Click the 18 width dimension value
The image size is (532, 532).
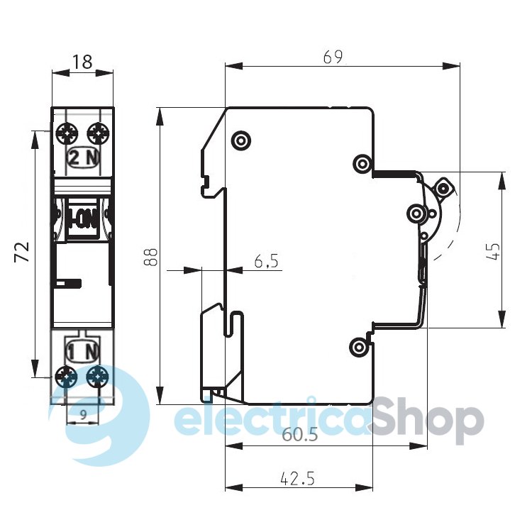[x=83, y=62]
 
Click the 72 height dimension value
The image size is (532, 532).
[x=23, y=252]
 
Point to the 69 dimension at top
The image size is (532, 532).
[x=333, y=57]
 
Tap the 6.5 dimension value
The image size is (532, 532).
[x=266, y=262]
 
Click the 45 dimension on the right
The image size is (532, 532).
[x=494, y=250]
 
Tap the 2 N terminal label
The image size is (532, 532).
[x=82, y=157]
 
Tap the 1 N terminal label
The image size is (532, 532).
[x=82, y=349]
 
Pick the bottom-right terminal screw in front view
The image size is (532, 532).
[x=96, y=375]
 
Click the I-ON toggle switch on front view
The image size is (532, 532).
[x=83, y=214]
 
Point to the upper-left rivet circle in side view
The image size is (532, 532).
[x=242, y=140]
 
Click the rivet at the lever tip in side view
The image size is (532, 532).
[x=443, y=188]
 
